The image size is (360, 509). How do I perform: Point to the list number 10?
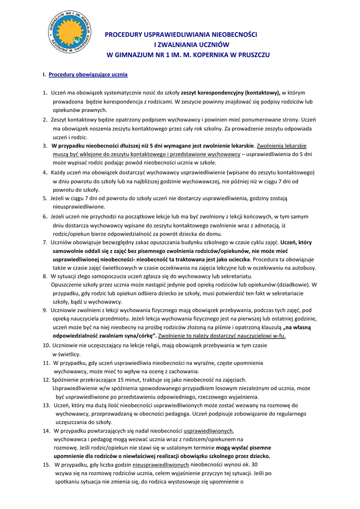[x=45, y=344]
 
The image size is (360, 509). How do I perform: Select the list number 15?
[x=46, y=464]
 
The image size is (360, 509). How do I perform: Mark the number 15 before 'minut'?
[x=118, y=380]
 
